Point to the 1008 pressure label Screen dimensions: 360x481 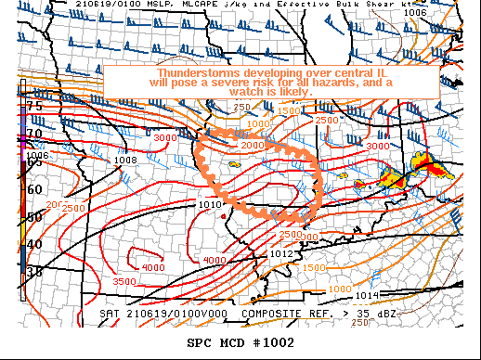click(126, 161)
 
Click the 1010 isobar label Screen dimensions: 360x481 click(210, 204)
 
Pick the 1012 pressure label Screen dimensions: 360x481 click(282, 253)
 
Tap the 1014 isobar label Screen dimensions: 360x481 click(368, 295)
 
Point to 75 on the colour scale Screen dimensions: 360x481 click(34, 107)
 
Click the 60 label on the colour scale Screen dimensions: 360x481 click(34, 189)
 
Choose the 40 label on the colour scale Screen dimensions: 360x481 click(34, 244)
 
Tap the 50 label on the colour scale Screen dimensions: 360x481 click(34, 217)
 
